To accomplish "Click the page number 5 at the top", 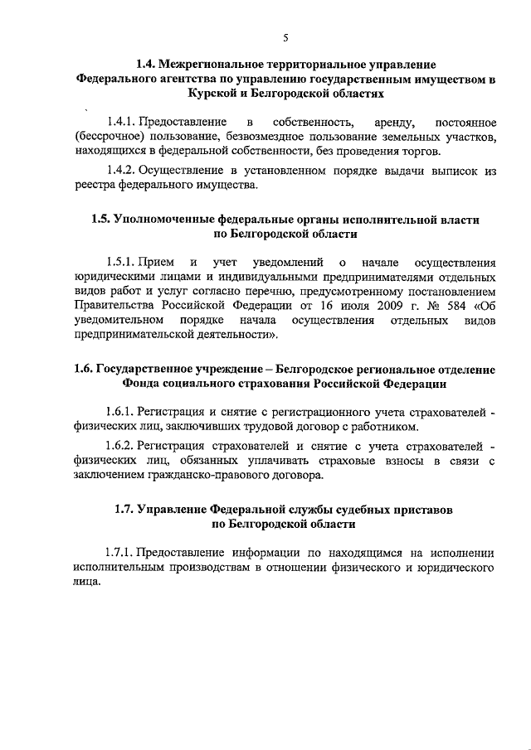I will pos(285,36).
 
